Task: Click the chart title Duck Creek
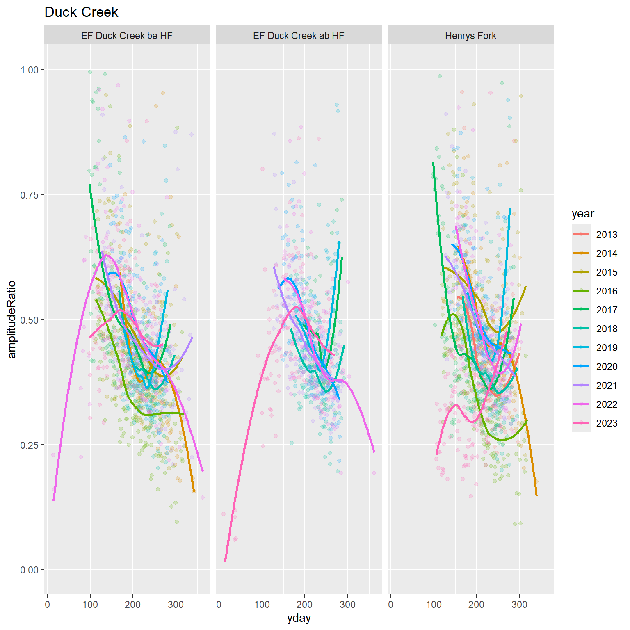(81, 12)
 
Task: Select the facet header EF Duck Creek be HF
(127, 36)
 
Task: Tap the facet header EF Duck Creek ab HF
(299, 36)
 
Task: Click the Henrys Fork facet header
(470, 36)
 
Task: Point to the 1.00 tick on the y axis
(29, 70)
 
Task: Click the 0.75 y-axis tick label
(29, 195)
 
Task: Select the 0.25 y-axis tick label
(29, 445)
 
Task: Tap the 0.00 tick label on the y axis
(29, 570)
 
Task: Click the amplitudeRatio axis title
(12, 320)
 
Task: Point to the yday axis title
(299, 618)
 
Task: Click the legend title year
(583, 214)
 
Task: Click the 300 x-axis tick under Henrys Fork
(520, 604)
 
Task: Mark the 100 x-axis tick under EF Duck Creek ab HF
(262, 604)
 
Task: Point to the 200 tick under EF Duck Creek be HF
(133, 604)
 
